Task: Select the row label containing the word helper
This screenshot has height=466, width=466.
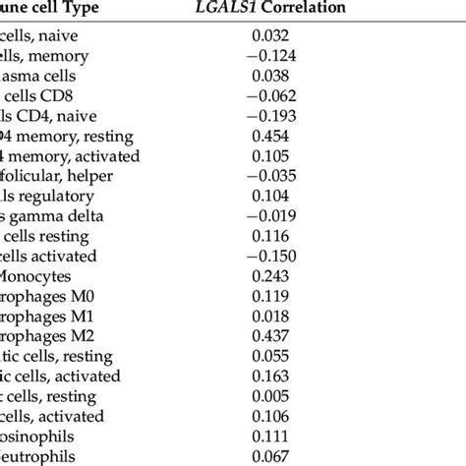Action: (x=54, y=177)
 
